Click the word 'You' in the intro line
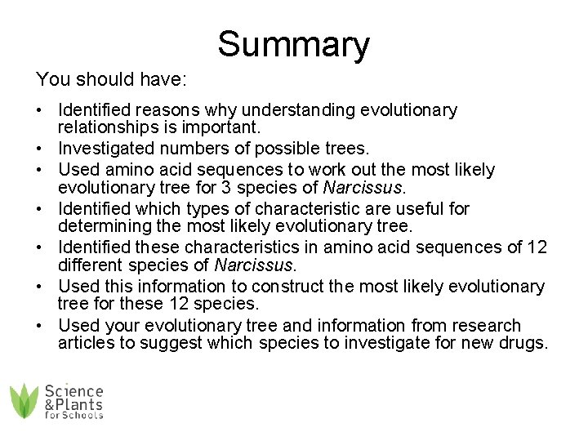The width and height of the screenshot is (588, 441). (x=51, y=80)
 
